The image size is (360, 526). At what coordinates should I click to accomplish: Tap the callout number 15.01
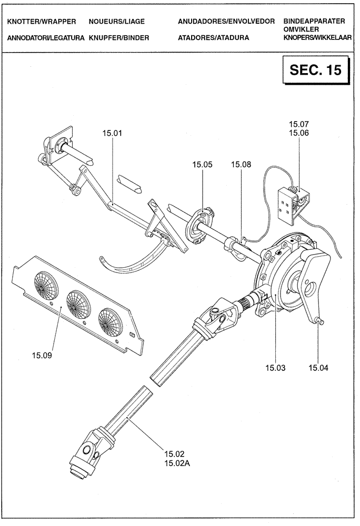pyautogui.click(x=112, y=133)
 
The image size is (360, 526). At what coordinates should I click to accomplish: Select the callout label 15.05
pyautogui.click(x=202, y=165)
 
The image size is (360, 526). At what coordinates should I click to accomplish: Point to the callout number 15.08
pyautogui.click(x=241, y=165)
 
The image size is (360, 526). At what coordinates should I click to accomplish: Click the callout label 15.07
pyautogui.click(x=298, y=124)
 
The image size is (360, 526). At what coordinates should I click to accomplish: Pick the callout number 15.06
pyautogui.click(x=298, y=133)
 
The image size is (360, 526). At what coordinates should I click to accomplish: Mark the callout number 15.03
pyautogui.click(x=275, y=368)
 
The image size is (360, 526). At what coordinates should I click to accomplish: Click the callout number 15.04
pyautogui.click(x=318, y=368)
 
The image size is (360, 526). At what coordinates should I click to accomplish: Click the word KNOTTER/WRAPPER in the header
pyautogui.click(x=42, y=22)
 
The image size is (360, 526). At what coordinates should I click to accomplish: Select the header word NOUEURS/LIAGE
pyautogui.click(x=117, y=22)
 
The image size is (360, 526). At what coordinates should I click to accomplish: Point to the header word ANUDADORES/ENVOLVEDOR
pyautogui.click(x=226, y=22)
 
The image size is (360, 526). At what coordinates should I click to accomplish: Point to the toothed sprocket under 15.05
pyautogui.click(x=200, y=228)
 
